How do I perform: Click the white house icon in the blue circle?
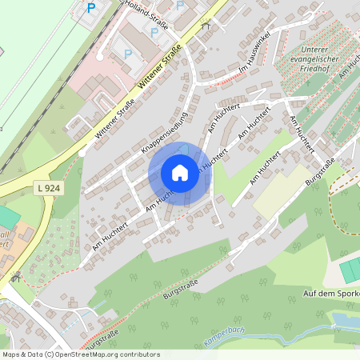coord(180,173)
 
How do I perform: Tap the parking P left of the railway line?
coord(90,9)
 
